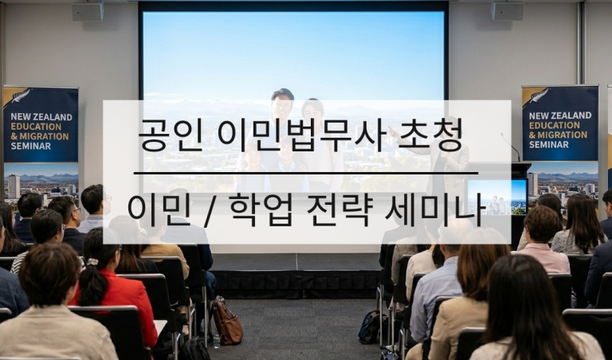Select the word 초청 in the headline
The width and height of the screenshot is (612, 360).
click(430, 135)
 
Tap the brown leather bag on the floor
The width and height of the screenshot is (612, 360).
click(227, 321)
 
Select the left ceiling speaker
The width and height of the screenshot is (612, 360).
click(88, 11)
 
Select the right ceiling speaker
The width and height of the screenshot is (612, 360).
click(508, 10)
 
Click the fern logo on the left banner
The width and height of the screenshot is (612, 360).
click(20, 96)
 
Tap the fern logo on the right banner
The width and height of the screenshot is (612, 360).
click(539, 95)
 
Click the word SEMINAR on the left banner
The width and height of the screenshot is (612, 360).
click(31, 147)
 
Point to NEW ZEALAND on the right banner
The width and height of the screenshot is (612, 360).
click(560, 115)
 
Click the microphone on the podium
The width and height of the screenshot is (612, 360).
click(510, 147)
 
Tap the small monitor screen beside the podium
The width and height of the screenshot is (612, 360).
click(497, 197)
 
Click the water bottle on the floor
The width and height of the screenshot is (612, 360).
click(216, 341)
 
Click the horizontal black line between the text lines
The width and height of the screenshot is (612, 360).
click(306, 173)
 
